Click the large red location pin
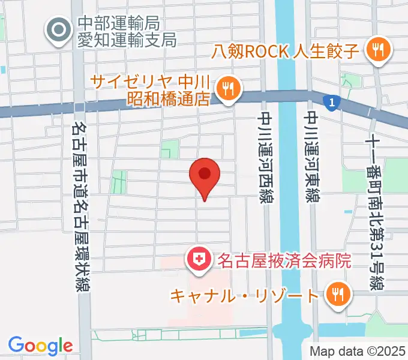click(x=204, y=175)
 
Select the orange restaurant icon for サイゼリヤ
click(x=228, y=89)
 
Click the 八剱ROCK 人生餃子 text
click(x=286, y=50)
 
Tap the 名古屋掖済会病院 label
click(x=279, y=260)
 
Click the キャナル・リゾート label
click(x=244, y=295)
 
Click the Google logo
click(x=40, y=345)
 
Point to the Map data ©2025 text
click(x=358, y=351)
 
